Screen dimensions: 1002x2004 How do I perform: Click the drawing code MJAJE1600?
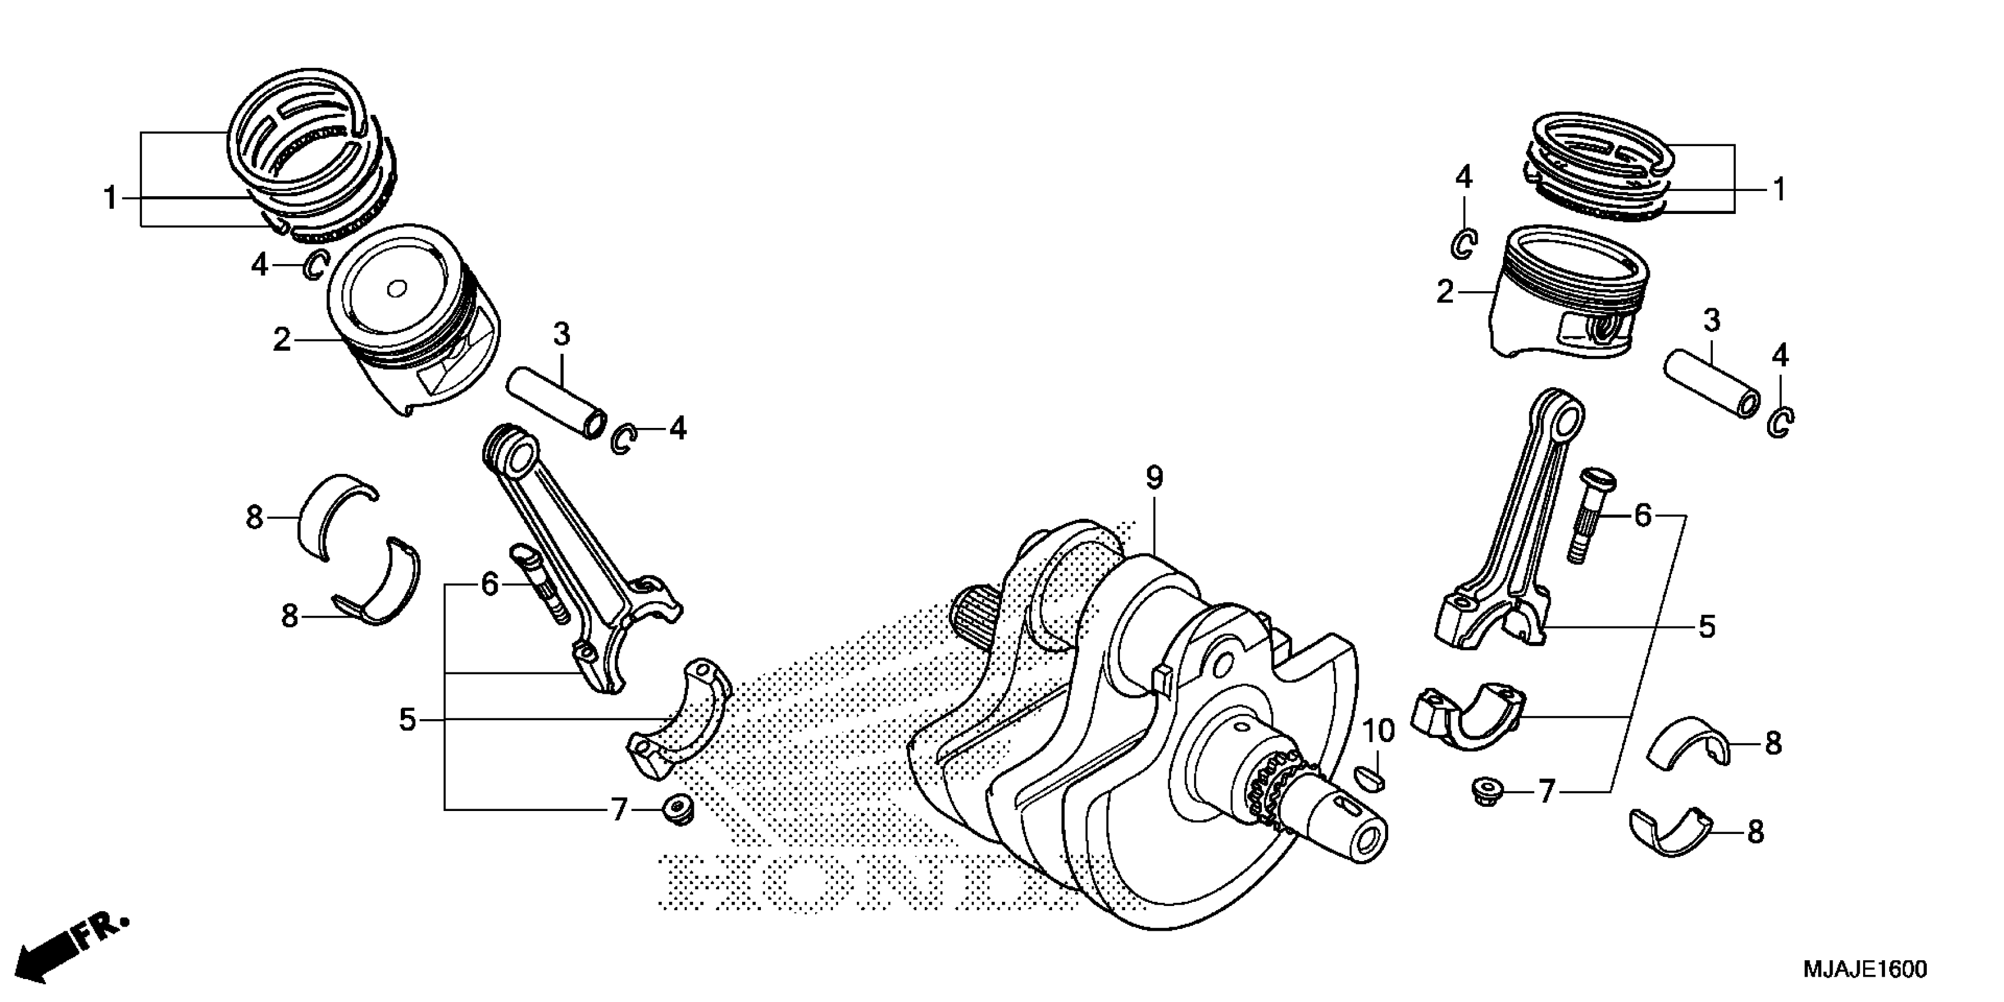point(1863,970)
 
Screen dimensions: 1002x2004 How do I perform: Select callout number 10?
point(1379,731)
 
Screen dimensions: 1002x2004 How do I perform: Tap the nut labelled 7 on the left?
point(678,809)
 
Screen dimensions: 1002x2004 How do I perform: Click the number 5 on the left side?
point(407,720)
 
